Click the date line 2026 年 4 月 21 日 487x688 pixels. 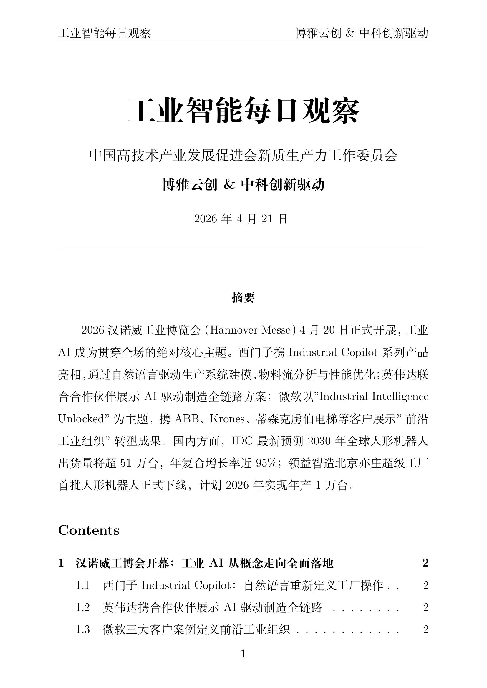tap(241, 219)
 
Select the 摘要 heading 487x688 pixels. tap(243, 298)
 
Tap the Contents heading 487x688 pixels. tap(89, 530)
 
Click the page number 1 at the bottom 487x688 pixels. tap(243, 654)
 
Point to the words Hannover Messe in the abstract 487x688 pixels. tap(250, 330)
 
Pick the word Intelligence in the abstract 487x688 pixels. tap(400, 397)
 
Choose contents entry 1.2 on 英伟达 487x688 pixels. tap(212, 607)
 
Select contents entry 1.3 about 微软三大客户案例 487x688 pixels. tap(196, 629)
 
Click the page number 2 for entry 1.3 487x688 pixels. tap(425, 629)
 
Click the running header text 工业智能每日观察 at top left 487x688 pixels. tap(105, 33)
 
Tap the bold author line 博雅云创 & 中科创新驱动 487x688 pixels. tap(243, 185)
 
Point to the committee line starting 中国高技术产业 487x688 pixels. tap(243, 156)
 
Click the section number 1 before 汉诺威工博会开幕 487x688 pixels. tap(61, 563)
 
